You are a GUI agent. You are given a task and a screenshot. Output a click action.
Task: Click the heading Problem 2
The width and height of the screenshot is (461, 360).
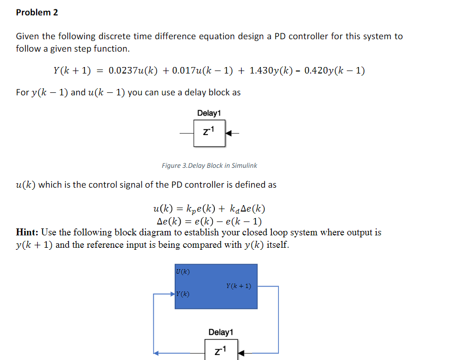tap(37, 12)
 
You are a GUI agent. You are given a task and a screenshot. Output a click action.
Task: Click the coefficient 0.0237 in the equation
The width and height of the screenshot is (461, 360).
tap(122, 71)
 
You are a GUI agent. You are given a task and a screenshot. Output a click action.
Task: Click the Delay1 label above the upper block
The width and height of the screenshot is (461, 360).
tap(209, 113)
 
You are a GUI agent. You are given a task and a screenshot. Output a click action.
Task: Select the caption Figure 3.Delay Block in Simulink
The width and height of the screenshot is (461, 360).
tap(209, 165)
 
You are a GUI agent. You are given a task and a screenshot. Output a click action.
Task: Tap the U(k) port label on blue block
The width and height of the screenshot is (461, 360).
tap(183, 271)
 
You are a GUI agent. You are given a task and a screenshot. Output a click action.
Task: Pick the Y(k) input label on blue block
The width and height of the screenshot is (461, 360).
tap(182, 294)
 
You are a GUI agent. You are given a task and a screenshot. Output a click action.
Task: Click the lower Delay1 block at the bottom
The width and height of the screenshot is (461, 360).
tap(221, 351)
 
